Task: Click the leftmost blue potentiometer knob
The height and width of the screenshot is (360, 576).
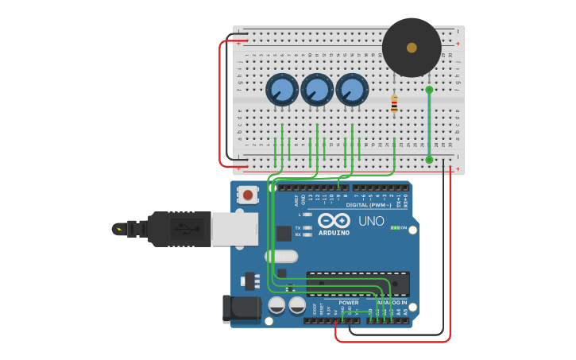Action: coord(282,90)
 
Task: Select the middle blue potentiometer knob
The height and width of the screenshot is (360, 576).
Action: coord(317,90)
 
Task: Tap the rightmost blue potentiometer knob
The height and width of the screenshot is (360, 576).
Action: coord(352,90)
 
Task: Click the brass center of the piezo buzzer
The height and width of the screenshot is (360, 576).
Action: coord(412,48)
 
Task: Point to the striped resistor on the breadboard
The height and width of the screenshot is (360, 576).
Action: coord(394,103)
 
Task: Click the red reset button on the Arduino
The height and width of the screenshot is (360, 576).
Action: coord(248,195)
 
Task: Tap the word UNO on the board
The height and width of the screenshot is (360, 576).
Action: coord(371,222)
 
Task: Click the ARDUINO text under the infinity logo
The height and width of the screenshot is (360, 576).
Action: coord(334,233)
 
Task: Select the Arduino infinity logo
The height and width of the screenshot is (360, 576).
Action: coord(334,220)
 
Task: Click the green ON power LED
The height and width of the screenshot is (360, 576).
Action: coord(394,228)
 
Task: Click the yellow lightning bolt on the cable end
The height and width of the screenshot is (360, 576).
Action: coord(119,230)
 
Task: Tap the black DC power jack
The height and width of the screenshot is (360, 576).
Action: coord(241,308)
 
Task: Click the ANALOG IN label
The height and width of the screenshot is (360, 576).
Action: coord(391,303)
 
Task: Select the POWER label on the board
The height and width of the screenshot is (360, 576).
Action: coord(348,303)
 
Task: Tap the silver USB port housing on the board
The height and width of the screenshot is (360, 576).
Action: coord(235,229)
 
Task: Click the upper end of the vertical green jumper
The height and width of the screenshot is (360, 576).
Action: coord(429,90)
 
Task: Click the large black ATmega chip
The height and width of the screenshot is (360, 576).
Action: coord(358,283)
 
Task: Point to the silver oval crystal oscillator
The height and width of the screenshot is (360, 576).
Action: coord(281,256)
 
